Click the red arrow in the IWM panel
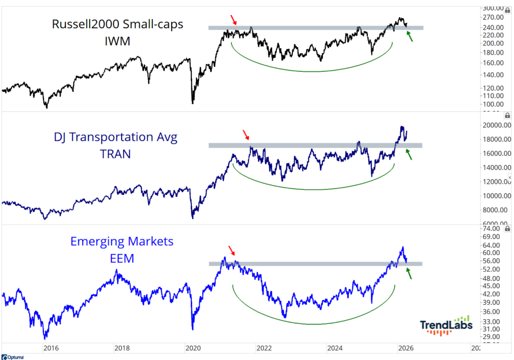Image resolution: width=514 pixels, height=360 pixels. point(234,20)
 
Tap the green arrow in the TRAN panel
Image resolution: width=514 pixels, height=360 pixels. point(409,155)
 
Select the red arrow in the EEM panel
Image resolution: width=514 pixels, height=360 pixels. point(231,251)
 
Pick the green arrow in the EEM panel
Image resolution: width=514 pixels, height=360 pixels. point(409,273)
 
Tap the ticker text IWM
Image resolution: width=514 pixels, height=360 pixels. point(116,42)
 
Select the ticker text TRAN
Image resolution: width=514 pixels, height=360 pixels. point(115,154)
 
